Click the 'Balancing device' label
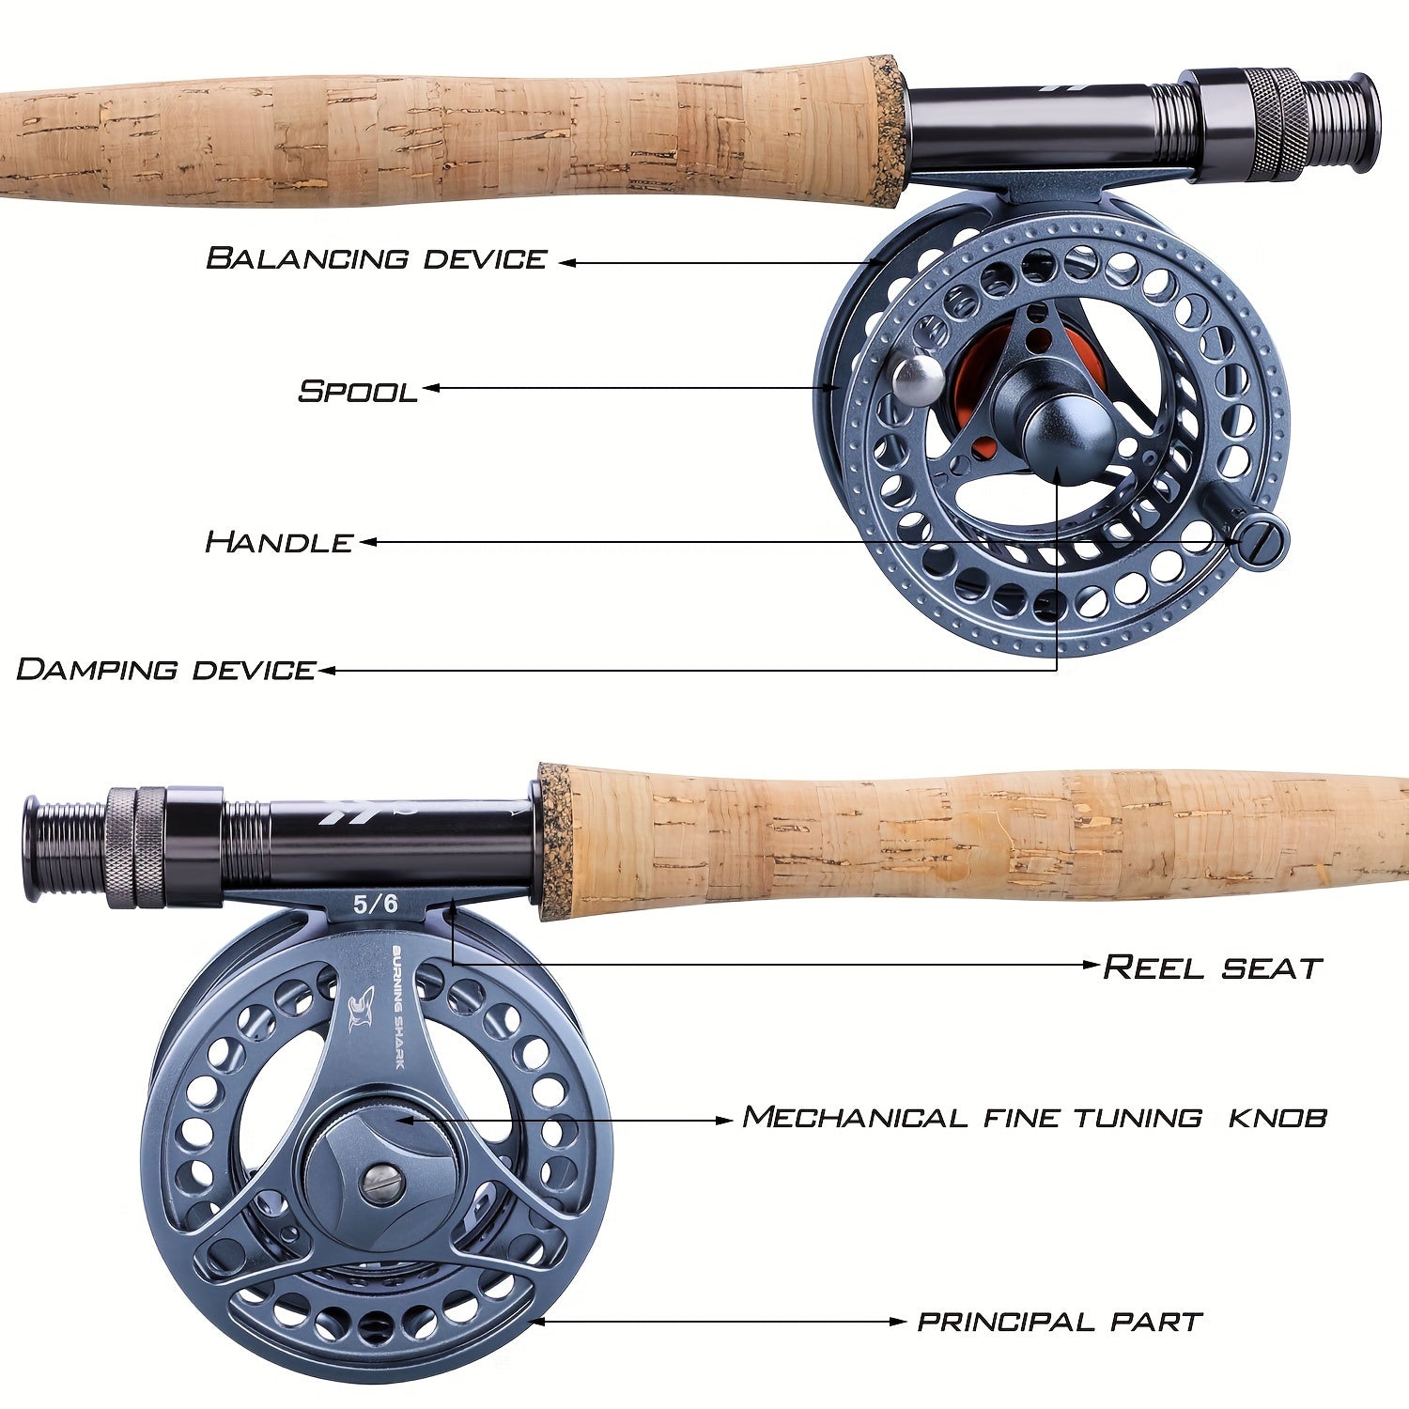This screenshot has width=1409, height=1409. pyautogui.click(x=376, y=258)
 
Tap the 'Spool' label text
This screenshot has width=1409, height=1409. pyautogui.click(x=358, y=391)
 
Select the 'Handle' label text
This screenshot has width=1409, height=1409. pyautogui.click(x=279, y=542)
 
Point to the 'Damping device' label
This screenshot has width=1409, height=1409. pyautogui.click(x=166, y=670)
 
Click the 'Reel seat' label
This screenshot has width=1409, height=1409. pyautogui.click(x=1212, y=967)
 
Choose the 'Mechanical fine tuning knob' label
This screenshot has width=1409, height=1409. pyautogui.click(x=1034, y=1118)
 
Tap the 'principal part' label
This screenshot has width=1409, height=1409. pyautogui.click(x=1060, y=1322)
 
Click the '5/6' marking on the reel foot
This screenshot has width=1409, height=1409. pyautogui.click(x=376, y=905)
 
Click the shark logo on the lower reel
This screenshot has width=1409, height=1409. pyautogui.click(x=361, y=1010)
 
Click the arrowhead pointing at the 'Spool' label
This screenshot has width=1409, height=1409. pyautogui.click(x=430, y=388)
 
